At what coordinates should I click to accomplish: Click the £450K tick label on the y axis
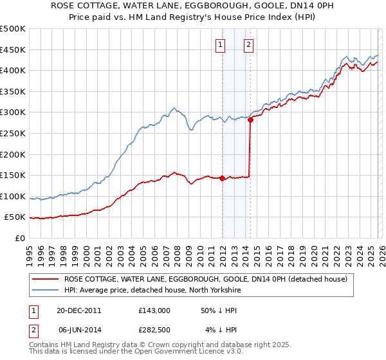pyautogui.click(x=13, y=50)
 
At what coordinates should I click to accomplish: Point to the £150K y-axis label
pyautogui.click(x=13, y=175)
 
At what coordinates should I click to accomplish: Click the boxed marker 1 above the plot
pyautogui.click(x=221, y=45)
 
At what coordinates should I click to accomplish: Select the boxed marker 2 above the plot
pyautogui.click(x=248, y=45)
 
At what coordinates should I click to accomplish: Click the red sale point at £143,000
pyautogui.click(x=222, y=178)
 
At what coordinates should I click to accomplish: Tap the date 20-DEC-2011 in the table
pyautogui.click(x=78, y=310)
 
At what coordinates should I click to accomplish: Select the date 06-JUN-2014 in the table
pyautogui.click(x=78, y=330)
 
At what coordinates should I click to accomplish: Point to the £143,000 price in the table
pyautogui.click(x=154, y=310)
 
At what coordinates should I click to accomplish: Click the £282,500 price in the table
pyautogui.click(x=154, y=330)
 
